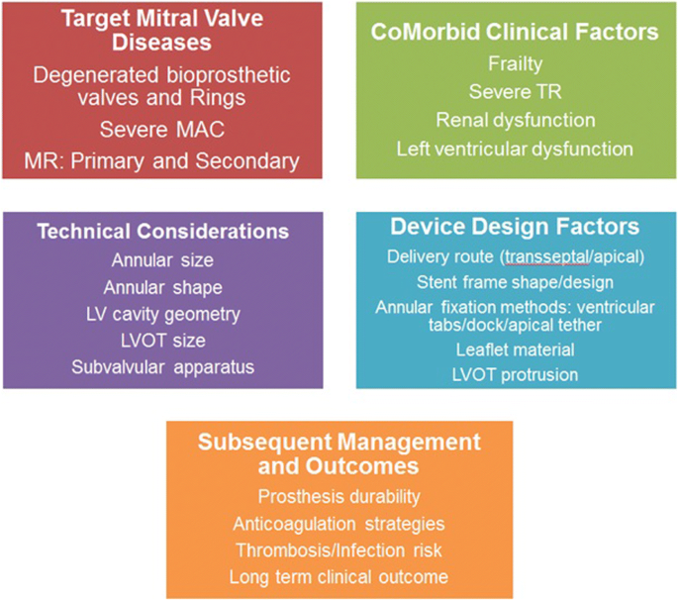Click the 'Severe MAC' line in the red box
(x=162, y=130)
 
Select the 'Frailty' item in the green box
(x=516, y=64)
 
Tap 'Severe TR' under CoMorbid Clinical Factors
(x=516, y=92)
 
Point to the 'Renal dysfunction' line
(x=516, y=120)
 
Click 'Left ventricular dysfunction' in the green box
(x=515, y=149)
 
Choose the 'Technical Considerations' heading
(x=163, y=232)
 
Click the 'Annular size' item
(x=162, y=260)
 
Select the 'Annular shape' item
(x=163, y=288)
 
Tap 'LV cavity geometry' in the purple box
(x=163, y=315)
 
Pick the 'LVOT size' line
(x=163, y=341)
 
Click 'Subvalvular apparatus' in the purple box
(x=163, y=367)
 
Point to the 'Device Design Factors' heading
(x=515, y=227)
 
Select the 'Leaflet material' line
(x=516, y=350)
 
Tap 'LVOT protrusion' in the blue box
(x=516, y=375)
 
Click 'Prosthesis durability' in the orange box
(x=339, y=497)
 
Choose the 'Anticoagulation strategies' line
(x=339, y=525)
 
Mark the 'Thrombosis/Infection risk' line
(x=339, y=550)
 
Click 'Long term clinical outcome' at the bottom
(x=339, y=577)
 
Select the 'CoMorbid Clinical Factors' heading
(x=515, y=33)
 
